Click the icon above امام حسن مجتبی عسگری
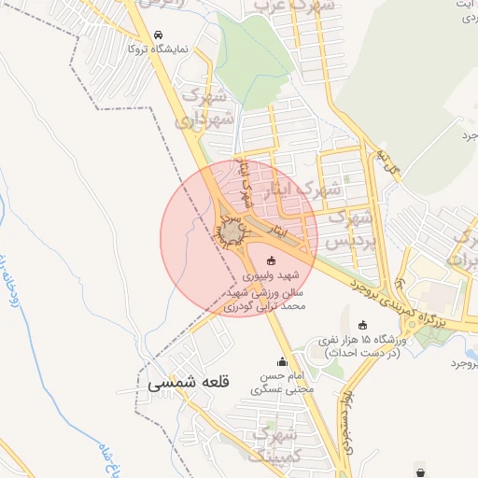click(282, 362)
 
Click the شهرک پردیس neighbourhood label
click(354, 230)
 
